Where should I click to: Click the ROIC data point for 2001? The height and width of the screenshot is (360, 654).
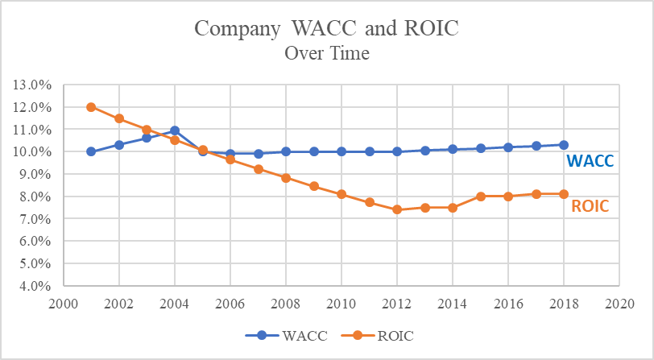[x=91, y=107]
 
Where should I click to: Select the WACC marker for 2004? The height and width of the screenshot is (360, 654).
[x=175, y=130]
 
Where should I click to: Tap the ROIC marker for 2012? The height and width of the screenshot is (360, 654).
[x=397, y=209]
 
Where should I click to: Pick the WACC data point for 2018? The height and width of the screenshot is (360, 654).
[x=564, y=145]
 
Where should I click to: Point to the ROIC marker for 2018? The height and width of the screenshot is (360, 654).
[x=564, y=194]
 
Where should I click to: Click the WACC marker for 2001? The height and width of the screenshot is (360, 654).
[x=91, y=151]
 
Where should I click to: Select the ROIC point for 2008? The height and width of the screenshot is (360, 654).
[x=286, y=178]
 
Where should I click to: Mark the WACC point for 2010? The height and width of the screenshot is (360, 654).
[x=341, y=151]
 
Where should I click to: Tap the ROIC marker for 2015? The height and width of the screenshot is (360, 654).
[x=480, y=197]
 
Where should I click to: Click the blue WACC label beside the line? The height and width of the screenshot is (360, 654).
[x=589, y=161]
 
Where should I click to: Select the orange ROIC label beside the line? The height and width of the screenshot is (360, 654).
[x=590, y=206]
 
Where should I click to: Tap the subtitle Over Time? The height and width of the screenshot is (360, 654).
[x=327, y=54]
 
